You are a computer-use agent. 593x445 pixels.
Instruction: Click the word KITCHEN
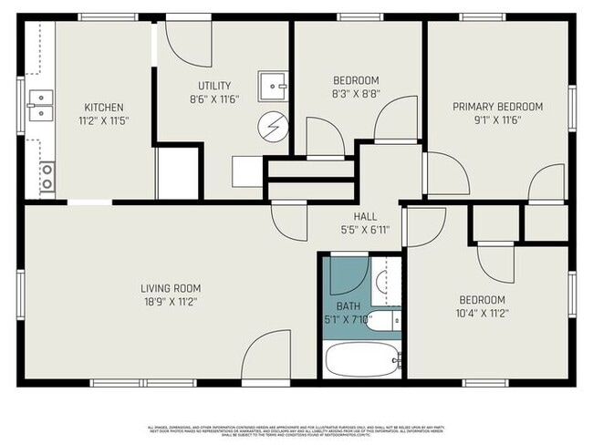tap(103, 107)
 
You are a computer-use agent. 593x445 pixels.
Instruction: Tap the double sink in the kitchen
tap(39, 105)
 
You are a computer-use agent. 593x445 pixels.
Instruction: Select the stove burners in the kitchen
tap(46, 176)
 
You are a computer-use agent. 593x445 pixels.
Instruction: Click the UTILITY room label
tap(209, 86)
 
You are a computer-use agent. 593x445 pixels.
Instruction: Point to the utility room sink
tap(272, 87)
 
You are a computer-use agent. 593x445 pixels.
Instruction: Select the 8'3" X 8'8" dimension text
tap(355, 93)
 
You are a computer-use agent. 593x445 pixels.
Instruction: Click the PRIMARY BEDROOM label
tap(497, 107)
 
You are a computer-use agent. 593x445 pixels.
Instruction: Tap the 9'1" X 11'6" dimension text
tap(497, 119)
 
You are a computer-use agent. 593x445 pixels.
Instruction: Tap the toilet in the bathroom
tap(387, 320)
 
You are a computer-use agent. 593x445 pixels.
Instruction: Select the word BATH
tap(348, 306)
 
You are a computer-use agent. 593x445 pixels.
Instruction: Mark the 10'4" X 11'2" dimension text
tap(483, 313)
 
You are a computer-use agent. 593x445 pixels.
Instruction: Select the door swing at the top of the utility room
tap(189, 42)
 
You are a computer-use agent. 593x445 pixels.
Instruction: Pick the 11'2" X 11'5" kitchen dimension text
tap(103, 119)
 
